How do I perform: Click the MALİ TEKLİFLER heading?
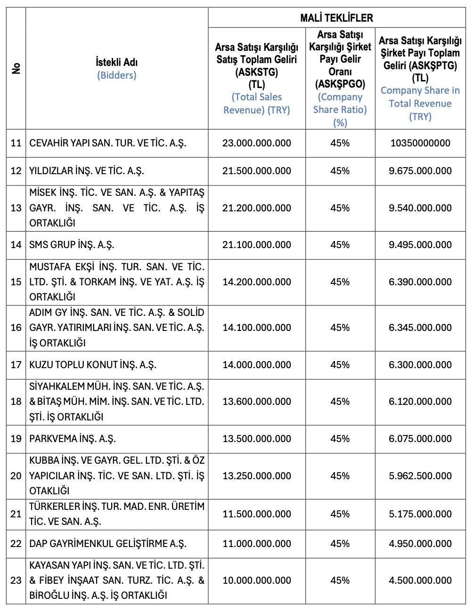pos(336,18)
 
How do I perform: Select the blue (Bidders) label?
pos(116,75)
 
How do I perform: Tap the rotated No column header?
pos(16,68)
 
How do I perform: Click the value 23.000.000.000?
pos(257,143)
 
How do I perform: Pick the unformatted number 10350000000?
pos(420,143)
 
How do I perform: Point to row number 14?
pos(16,245)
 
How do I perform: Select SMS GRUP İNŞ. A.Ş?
pos(72,245)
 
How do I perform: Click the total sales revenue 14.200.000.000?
pos(257,282)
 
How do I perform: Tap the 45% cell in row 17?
pos(340,365)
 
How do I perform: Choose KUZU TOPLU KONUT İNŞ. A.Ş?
pos(93,365)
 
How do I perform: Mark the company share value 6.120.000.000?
pos(420,402)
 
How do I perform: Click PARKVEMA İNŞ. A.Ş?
pos(73,439)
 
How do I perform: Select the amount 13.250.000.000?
pos(257,476)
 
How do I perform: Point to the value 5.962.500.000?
pos(420,476)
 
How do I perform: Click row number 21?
pos(16,514)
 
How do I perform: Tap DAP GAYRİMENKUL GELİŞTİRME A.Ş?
pos(108,544)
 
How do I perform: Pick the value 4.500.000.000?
pos(420,580)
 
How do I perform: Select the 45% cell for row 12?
pos(340,171)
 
